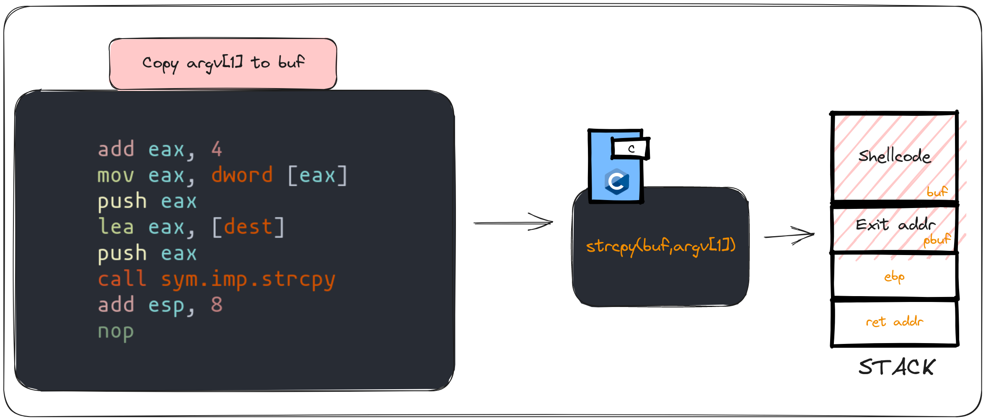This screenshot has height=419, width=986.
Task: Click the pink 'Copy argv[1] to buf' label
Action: click(x=223, y=64)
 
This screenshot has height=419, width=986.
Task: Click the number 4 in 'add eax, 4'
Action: click(x=217, y=149)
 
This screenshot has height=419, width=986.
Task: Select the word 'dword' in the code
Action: click(x=242, y=175)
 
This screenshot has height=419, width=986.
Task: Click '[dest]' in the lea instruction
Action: click(x=248, y=227)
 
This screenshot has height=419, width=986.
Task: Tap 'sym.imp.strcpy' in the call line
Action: click(x=248, y=279)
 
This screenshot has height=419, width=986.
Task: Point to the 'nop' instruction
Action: click(x=116, y=331)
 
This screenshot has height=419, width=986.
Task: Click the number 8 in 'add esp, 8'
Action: click(x=217, y=305)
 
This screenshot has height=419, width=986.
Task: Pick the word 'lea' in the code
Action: click(x=116, y=227)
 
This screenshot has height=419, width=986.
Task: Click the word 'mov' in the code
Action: click(x=116, y=175)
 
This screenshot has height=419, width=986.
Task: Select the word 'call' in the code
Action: click(x=122, y=279)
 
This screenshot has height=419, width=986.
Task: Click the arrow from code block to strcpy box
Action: click(x=513, y=222)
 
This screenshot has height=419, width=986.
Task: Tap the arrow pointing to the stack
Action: click(x=789, y=235)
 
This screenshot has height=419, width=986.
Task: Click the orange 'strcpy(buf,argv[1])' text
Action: click(x=660, y=246)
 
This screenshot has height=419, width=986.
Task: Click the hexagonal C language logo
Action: click(x=616, y=182)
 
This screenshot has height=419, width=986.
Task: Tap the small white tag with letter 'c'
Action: click(x=631, y=148)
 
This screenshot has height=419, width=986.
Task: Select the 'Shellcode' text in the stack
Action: click(x=894, y=156)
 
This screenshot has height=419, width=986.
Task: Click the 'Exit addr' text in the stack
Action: click(x=895, y=225)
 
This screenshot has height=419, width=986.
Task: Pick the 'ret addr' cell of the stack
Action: click(x=894, y=322)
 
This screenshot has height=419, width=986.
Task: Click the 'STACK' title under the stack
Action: click(x=896, y=367)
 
